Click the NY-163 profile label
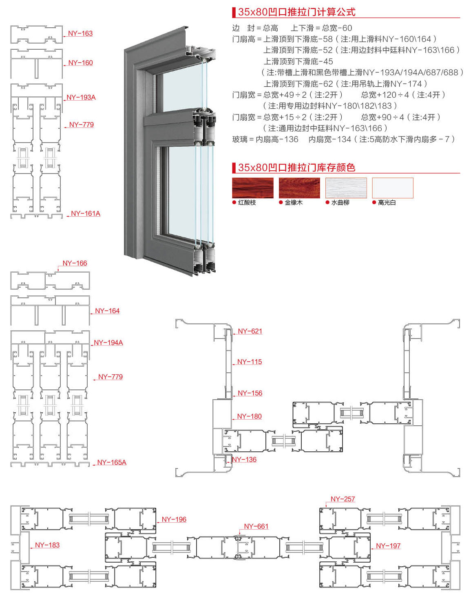click(80, 33)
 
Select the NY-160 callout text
click(80, 63)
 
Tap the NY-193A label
click(81, 97)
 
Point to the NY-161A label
click(86, 213)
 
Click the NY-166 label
click(75, 263)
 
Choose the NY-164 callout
click(107, 311)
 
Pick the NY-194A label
click(108, 343)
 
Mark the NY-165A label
click(112, 462)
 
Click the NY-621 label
click(250, 331)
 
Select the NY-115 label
click(250, 362)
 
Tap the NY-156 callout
click(250, 393)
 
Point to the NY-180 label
click(249, 416)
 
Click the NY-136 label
click(244, 460)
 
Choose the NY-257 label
click(343, 499)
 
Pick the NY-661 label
click(256, 526)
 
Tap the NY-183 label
click(47, 545)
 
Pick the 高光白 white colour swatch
click(393, 188)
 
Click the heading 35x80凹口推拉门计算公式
click(296, 12)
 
